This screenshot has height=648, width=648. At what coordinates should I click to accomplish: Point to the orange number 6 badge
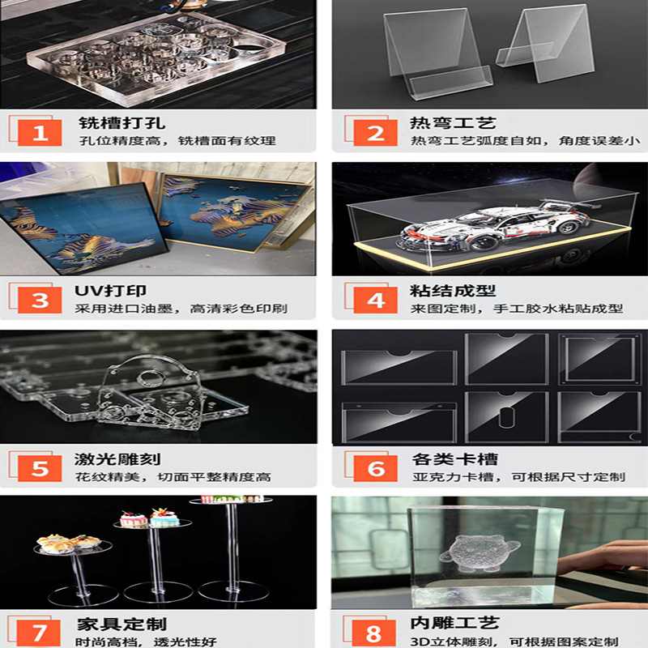coord(376,467)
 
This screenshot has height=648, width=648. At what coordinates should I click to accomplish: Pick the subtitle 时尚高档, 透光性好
coord(146,642)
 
